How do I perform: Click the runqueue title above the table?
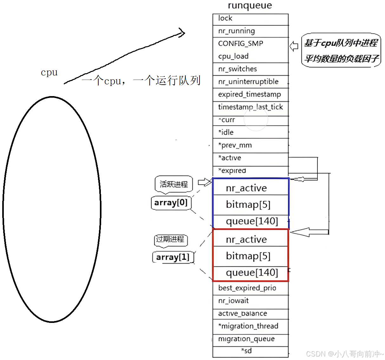point(250,6)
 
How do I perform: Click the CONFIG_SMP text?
point(241,43)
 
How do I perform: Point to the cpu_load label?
point(233,56)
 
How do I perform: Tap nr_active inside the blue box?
point(246,188)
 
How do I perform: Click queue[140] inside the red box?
point(252,272)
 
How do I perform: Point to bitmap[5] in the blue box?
point(248,205)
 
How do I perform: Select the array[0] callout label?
point(171,203)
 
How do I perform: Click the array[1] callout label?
point(173,257)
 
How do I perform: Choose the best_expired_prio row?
point(247,288)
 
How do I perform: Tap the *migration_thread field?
point(248,326)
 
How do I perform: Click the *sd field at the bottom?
point(247,351)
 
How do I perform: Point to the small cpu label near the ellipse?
point(49,73)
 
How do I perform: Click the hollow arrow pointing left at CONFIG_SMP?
point(294,46)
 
